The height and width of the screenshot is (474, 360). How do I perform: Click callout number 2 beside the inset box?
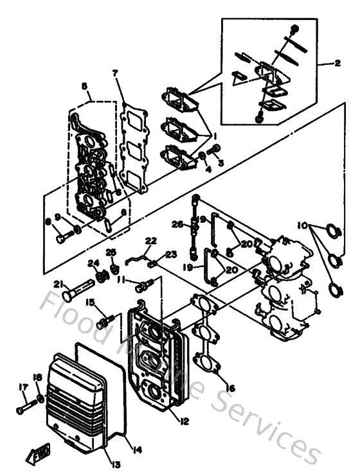337,63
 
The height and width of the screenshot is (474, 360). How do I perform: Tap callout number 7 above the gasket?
116,73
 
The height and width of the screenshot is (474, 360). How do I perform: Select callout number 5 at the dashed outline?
84,86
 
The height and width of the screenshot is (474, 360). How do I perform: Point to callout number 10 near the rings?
302,227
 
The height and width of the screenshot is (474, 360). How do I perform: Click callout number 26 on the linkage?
177,224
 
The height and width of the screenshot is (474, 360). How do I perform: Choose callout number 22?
151,241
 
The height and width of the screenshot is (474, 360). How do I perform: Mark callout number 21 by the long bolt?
58,285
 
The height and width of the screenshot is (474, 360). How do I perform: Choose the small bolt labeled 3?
215,150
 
